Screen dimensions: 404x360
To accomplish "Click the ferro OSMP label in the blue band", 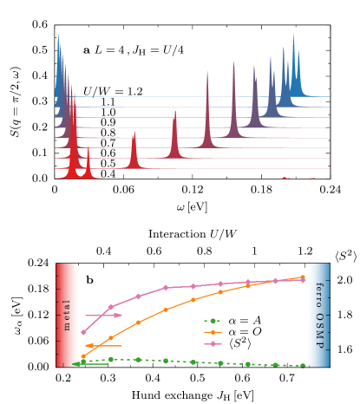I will pyautogui.click(x=318, y=315).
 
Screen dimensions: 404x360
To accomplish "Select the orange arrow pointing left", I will pyautogui.click(x=102, y=346).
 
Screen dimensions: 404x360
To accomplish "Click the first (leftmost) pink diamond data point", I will pyautogui.click(x=83, y=332).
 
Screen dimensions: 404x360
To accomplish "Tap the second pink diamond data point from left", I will pyautogui.click(x=110, y=307).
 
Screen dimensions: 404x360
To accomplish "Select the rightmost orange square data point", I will pyautogui.click(x=302, y=277).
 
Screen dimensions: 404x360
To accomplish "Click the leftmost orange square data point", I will pyautogui.click(x=83, y=356).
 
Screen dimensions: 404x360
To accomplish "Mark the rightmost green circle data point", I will pyautogui.click(x=302, y=365).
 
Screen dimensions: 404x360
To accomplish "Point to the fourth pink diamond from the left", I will pyautogui.click(x=166, y=288).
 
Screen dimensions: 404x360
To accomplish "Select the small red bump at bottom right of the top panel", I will pyautogui.click(x=284, y=178).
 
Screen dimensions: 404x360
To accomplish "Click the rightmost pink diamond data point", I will pyautogui.click(x=302, y=280).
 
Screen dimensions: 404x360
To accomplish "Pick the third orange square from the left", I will pyautogui.click(x=138, y=323).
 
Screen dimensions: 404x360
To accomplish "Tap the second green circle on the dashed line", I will pyautogui.click(x=110, y=359).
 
